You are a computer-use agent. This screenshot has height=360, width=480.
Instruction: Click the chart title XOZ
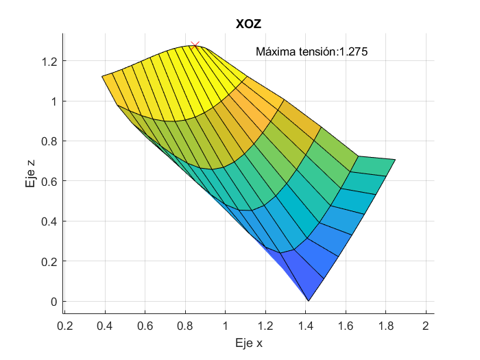pyautogui.click(x=249, y=24)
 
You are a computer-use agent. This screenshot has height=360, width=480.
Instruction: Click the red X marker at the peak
pyautogui.click(x=195, y=45)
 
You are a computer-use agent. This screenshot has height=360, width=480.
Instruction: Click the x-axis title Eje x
pyautogui.click(x=249, y=343)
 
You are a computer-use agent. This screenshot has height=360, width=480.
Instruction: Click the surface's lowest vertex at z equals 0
pyautogui.click(x=309, y=301)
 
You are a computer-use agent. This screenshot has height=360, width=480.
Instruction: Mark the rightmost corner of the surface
pyautogui.click(x=396, y=159)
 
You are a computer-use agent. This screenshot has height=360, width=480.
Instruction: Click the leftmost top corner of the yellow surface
pyautogui.click(x=102, y=76)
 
